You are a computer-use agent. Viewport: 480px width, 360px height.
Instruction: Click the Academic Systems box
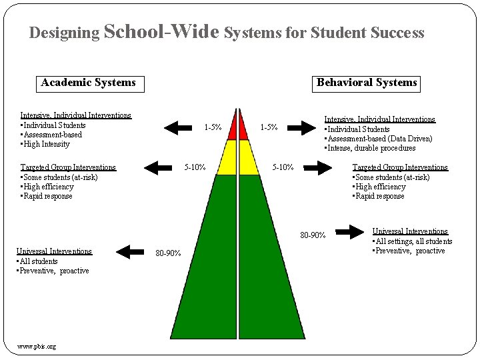(x=88, y=83)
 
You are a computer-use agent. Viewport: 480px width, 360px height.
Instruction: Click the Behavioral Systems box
(x=367, y=83)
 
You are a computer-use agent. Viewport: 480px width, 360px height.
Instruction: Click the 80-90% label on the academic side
(x=167, y=253)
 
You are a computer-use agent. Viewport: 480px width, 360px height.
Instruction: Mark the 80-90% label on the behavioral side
(x=313, y=235)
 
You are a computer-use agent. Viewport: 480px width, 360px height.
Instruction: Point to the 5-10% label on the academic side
(x=195, y=167)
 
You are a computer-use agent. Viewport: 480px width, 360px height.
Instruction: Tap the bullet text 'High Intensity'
(x=47, y=144)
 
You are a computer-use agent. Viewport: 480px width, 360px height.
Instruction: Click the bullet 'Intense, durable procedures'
(x=371, y=148)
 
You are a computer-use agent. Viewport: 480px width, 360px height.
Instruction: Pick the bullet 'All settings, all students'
(x=414, y=241)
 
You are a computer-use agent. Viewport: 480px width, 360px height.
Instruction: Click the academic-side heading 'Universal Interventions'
(x=54, y=251)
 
